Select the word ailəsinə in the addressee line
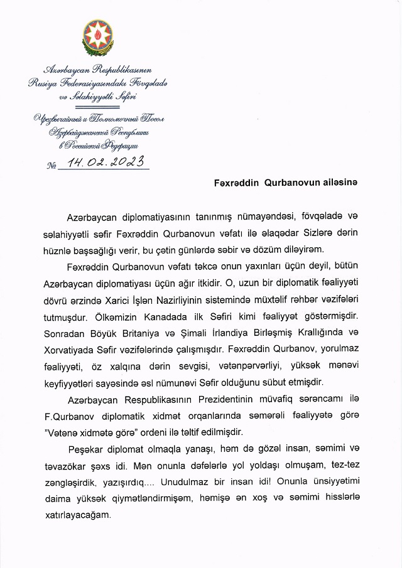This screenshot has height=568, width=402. point(339,182)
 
